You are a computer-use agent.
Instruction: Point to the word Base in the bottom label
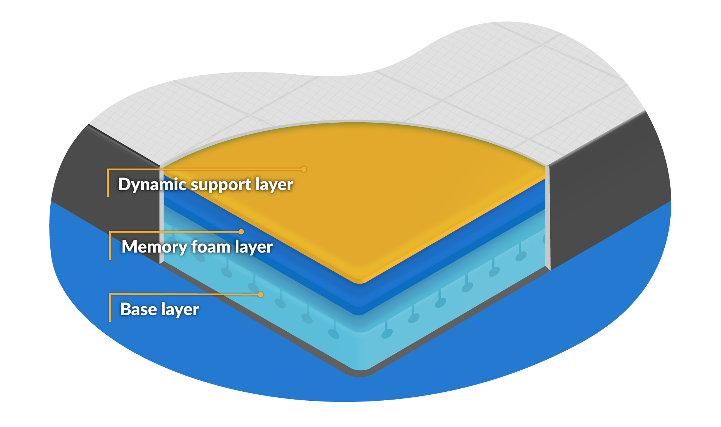click(138, 310)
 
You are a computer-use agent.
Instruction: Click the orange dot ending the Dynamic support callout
click(304, 169)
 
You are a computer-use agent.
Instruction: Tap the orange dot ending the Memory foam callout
click(241, 232)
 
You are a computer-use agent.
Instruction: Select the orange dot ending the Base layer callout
click(260, 295)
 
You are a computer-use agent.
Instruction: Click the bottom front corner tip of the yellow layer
click(360, 281)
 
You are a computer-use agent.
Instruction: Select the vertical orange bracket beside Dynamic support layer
click(108, 183)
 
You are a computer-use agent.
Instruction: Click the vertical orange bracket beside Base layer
click(110, 308)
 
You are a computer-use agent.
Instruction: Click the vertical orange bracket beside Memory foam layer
click(110, 246)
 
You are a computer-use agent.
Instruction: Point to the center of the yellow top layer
click(353, 195)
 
